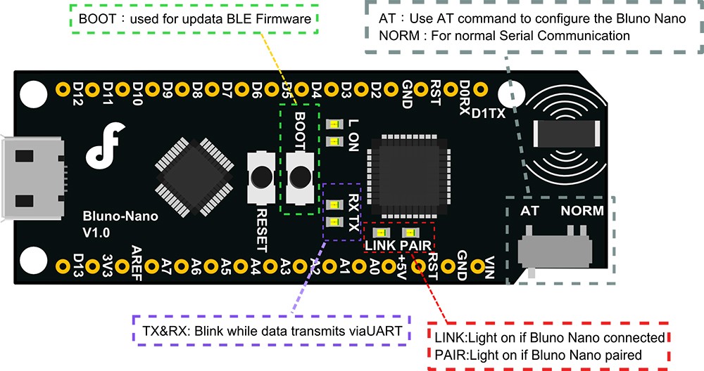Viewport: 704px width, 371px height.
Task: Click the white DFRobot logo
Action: [106, 144]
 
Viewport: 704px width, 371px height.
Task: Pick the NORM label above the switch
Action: [582, 211]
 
